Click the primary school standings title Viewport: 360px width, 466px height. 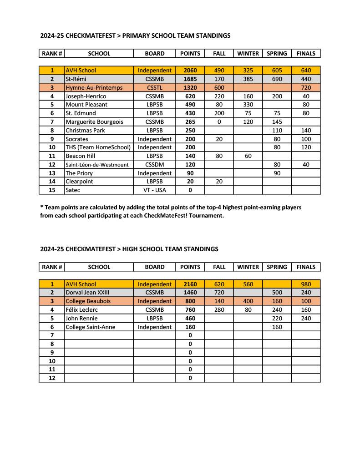point(135,35)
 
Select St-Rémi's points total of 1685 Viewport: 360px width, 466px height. point(190,79)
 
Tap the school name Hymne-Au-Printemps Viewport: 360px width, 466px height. point(94,87)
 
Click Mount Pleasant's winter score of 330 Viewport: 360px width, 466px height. point(248,105)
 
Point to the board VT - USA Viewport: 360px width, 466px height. point(155,190)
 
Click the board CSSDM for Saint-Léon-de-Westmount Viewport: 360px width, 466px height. point(155,164)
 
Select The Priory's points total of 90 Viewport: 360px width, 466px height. point(190,173)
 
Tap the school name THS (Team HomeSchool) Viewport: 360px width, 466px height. point(98,147)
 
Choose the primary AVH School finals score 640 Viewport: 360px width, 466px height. point(306,71)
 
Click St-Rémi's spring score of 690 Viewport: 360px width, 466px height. point(277,79)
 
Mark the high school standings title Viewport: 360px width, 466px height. point(129,249)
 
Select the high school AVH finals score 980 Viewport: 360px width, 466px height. point(306,284)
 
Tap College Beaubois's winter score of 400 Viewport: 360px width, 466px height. point(248,301)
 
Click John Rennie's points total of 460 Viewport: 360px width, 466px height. point(190,319)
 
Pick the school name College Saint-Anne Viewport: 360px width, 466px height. point(90,327)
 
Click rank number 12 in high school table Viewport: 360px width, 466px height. point(52,378)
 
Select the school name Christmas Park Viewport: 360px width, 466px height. point(85,130)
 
